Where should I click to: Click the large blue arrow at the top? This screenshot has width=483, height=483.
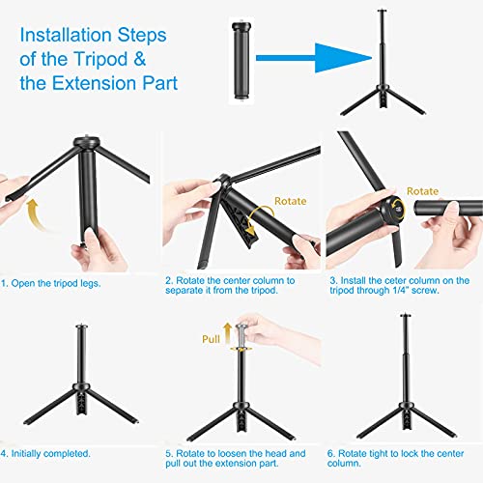(314, 58)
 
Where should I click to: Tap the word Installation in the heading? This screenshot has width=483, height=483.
(66, 35)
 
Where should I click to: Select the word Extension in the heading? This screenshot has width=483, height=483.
(95, 83)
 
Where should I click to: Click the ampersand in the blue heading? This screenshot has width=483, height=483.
(139, 59)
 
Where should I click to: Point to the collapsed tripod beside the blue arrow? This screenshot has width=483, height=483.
(241, 61)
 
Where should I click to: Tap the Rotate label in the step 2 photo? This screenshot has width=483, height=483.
(290, 201)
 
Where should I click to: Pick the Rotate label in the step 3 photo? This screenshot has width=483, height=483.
(422, 191)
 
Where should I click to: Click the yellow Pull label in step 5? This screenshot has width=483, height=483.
(211, 339)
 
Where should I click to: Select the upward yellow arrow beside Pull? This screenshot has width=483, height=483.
(228, 333)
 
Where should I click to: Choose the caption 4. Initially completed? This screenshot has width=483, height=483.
(45, 454)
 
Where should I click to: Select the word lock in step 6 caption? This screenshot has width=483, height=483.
(410, 453)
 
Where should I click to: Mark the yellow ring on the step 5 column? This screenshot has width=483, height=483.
(241, 349)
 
